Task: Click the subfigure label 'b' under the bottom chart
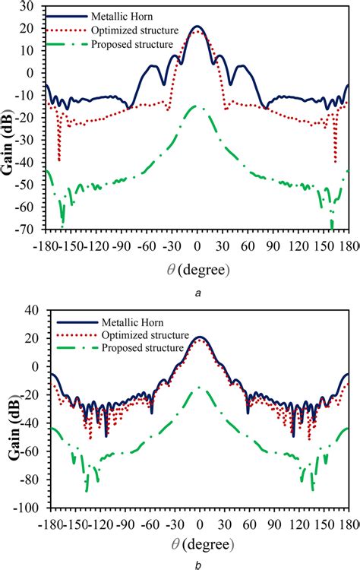(x=197, y=564)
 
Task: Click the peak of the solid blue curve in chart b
(x=199, y=337)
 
